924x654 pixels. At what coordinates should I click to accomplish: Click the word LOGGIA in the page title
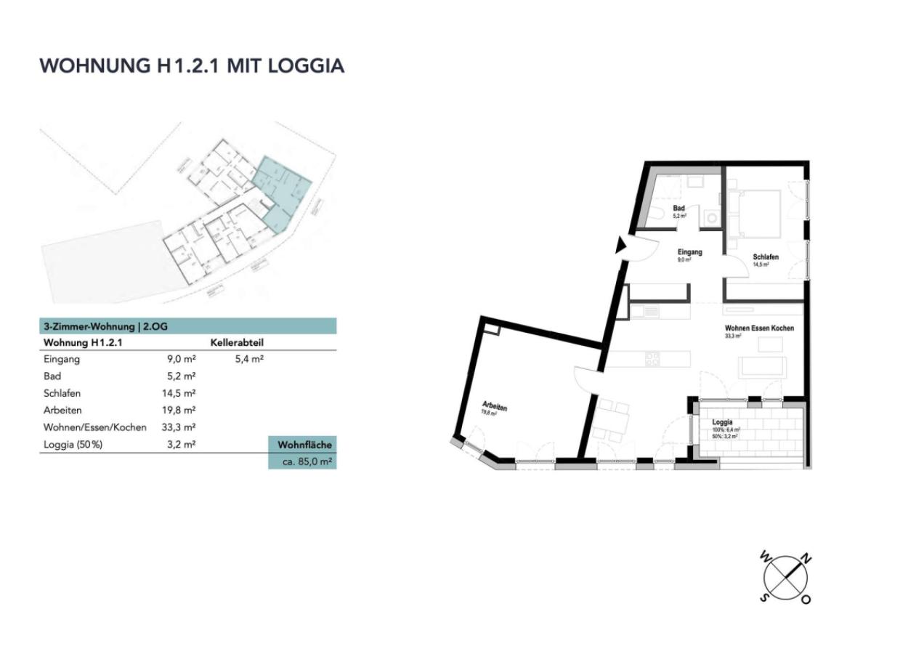[x=306, y=65]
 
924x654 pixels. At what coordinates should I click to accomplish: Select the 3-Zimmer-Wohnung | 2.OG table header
[x=106, y=326]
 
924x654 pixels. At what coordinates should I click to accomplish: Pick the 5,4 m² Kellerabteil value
[x=248, y=359]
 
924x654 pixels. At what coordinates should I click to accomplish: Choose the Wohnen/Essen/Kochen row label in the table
[x=95, y=427]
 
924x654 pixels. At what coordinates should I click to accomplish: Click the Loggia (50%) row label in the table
[x=73, y=444]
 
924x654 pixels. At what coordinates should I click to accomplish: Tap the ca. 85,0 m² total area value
[x=302, y=461]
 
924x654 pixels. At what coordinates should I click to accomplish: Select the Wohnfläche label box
[x=302, y=445]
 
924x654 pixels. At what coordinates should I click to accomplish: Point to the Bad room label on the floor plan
[x=678, y=209]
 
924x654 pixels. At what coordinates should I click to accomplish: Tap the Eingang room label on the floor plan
[x=689, y=252]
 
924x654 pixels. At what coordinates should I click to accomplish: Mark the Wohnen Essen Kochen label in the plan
[x=759, y=328]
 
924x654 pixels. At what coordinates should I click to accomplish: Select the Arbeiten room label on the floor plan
[x=494, y=406]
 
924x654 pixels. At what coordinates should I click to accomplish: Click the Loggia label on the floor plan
[x=722, y=422]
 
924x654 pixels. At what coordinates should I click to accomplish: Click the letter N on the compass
[x=806, y=558]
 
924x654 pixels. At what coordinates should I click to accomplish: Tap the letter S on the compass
[x=764, y=597]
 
